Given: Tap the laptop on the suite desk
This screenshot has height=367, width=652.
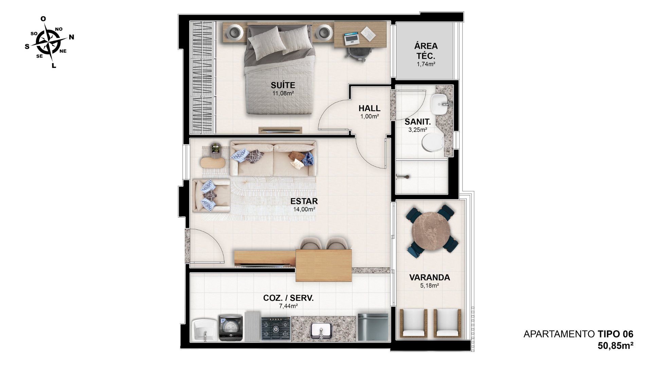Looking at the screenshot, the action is pyautogui.click(x=352, y=38).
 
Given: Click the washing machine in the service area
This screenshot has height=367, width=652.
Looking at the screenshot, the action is pyautogui.click(x=231, y=328).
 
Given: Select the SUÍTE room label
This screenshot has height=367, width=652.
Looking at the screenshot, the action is pyautogui.click(x=283, y=85).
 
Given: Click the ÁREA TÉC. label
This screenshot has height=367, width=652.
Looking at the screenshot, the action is pyautogui.click(x=426, y=51).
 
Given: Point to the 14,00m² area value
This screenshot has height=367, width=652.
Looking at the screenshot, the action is pyautogui.click(x=304, y=209).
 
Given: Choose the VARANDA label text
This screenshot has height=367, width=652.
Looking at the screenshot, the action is pyautogui.click(x=430, y=277).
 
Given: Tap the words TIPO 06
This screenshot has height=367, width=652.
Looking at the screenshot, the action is pyautogui.click(x=616, y=334).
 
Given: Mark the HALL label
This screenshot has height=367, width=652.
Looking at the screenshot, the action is pyautogui.click(x=369, y=108).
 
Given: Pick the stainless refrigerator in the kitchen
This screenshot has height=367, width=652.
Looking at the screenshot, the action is pyautogui.click(x=373, y=327).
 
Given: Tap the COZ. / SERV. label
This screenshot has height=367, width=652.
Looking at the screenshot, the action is pyautogui.click(x=288, y=298).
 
